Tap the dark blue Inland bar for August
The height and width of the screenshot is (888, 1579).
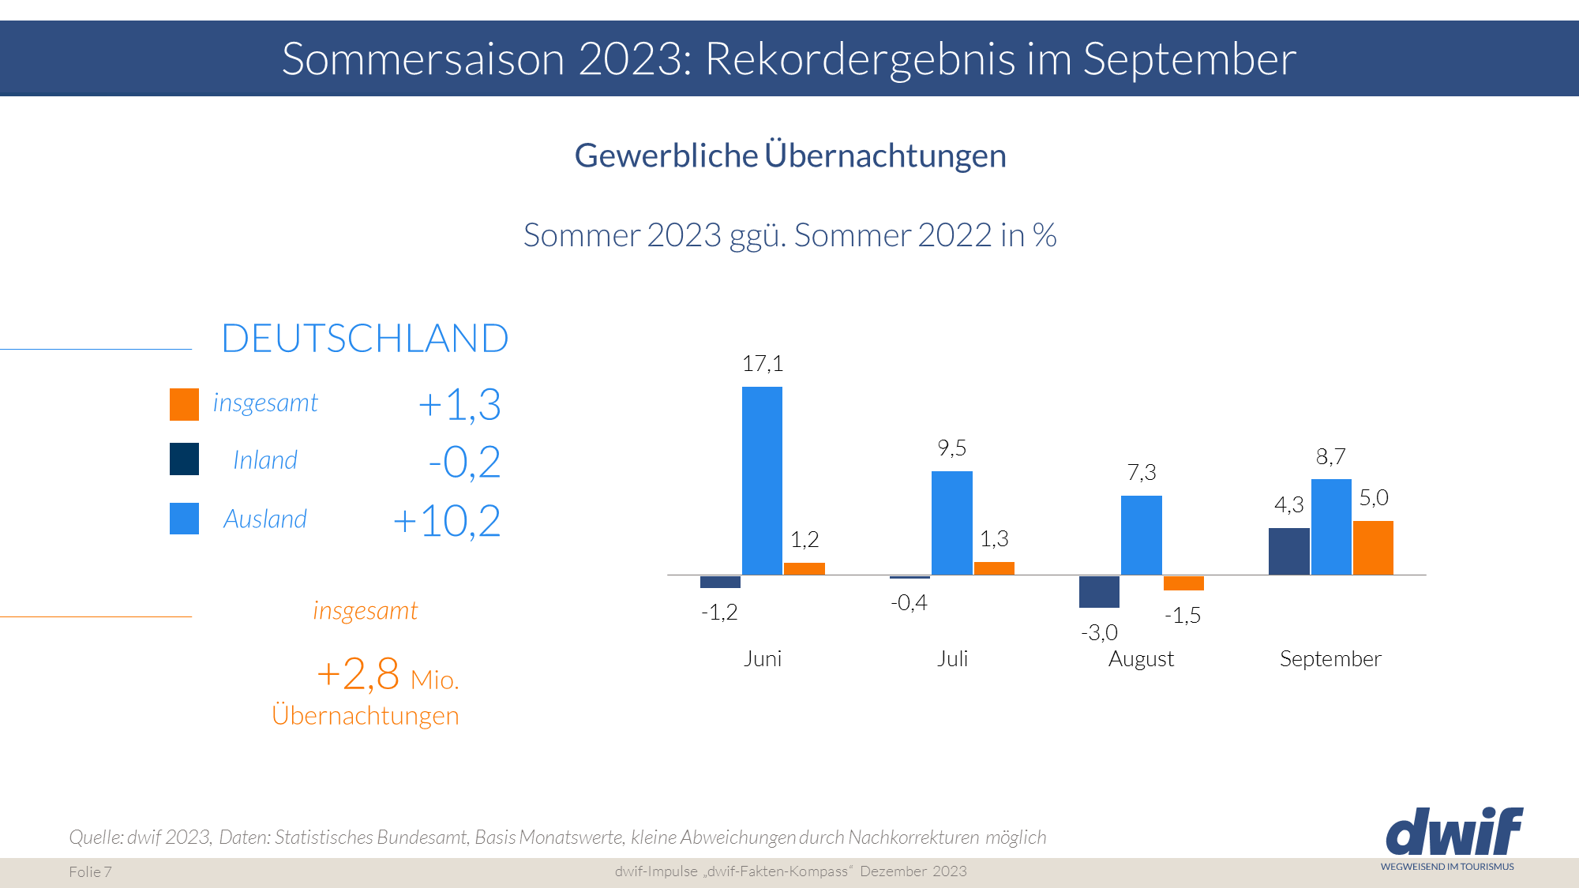click(1099, 591)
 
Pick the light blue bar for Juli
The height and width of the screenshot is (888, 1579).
click(951, 523)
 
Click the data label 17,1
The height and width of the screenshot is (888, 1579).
click(762, 364)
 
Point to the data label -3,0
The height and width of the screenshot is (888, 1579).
click(1099, 632)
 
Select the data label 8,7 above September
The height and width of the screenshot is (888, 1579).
click(1330, 457)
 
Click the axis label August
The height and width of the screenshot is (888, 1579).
click(1141, 658)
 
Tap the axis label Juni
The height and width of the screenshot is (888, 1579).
click(762, 658)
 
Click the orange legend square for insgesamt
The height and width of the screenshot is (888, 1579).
click(184, 404)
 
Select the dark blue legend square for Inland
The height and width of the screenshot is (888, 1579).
click(184, 459)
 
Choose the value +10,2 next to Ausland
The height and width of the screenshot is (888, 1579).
click(446, 521)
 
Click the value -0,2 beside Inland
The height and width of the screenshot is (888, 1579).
click(463, 462)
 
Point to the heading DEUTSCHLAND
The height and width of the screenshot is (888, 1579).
click(365, 339)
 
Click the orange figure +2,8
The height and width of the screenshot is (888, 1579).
click(358, 674)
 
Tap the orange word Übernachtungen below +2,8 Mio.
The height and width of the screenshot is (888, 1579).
click(365, 715)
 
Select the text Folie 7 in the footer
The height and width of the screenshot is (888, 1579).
click(90, 871)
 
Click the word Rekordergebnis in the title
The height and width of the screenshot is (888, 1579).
click(860, 58)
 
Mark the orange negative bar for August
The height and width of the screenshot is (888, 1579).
click(1183, 583)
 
